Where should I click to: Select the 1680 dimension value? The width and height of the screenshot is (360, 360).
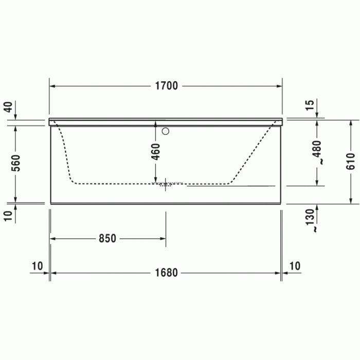tap(165, 273)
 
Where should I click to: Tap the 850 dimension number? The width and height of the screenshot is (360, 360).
tap(107, 238)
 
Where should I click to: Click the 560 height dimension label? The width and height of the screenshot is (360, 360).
tap(16, 163)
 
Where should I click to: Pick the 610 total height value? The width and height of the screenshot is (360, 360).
tap(351, 161)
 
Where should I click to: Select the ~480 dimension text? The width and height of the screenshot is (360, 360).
tap(317, 152)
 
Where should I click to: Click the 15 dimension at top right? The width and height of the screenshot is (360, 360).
tap(310, 105)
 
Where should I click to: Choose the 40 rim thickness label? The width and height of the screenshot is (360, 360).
tap(8, 107)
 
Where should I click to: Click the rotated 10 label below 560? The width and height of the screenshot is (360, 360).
tap(8, 216)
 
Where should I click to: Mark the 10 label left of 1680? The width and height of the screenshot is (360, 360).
tap(37, 266)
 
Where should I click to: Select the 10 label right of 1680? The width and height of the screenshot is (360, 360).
tap(294, 266)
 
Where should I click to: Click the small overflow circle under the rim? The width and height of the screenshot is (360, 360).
tap(165, 131)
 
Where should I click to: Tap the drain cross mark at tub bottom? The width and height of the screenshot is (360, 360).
tap(165, 184)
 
